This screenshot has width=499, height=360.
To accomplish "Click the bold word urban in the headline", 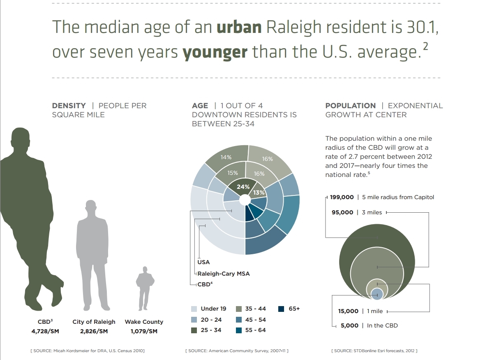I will pyautogui.click(x=239, y=27).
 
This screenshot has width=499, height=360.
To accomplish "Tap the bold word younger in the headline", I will pyautogui.click(x=215, y=53).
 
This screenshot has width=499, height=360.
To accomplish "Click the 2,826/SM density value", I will pyautogui.click(x=94, y=331).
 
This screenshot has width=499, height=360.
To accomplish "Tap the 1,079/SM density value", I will pyautogui.click(x=144, y=331).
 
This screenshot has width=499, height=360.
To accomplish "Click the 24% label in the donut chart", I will pyautogui.click(x=243, y=187).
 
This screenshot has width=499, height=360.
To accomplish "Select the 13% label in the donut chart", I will pyautogui.click(x=259, y=193).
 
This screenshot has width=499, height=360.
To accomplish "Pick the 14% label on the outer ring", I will pyautogui.click(x=226, y=157).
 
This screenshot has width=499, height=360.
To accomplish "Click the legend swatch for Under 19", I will pyautogui.click(x=194, y=309).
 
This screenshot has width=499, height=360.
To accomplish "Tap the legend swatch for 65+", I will pyautogui.click(x=281, y=309).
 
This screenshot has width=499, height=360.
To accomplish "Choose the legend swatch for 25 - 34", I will pyautogui.click(x=194, y=330).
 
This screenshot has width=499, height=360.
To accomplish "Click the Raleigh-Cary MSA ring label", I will pyautogui.click(x=224, y=274).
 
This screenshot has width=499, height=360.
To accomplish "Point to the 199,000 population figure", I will pyautogui.click(x=342, y=197).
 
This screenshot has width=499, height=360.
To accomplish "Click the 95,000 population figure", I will pyautogui.click(x=342, y=212).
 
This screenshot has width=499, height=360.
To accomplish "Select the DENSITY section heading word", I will pyautogui.click(x=69, y=106).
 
